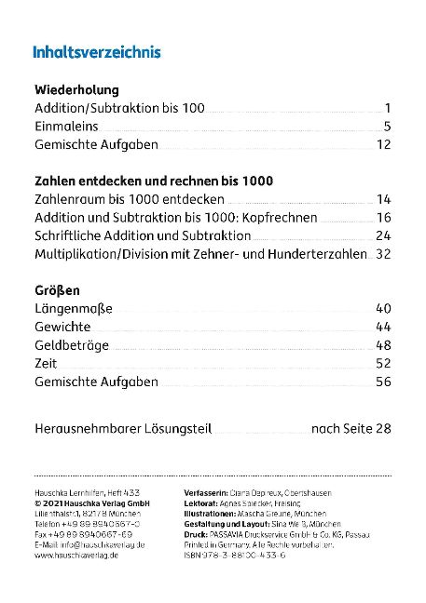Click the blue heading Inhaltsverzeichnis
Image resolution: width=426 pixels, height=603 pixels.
pos(97,52)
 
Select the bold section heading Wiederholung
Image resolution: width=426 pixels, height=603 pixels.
pos(76,90)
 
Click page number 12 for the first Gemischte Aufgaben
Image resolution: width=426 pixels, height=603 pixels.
pos(383,145)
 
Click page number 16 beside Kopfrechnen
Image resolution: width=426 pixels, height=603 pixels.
pos(383,218)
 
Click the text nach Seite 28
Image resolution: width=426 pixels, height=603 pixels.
pos(351,429)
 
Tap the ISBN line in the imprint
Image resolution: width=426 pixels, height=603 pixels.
pos(229,556)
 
